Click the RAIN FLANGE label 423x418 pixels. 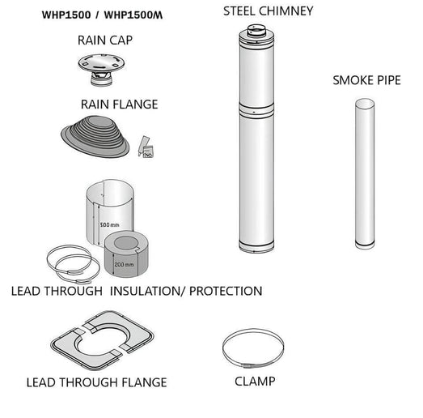tap(120, 104)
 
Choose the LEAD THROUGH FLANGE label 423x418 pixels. tap(96, 382)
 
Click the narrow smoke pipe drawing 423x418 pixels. tap(368, 173)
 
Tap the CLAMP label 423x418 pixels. tap(256, 381)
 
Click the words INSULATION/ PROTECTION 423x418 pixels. tap(186, 291)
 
